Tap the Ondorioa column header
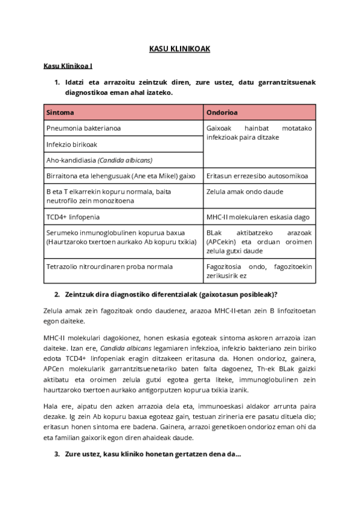[x=222, y=112]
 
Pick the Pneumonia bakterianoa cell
[x=83, y=128]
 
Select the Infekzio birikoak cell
[x=71, y=145]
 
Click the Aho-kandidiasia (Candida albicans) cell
[x=99, y=160]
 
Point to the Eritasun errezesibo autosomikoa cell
[x=257, y=176]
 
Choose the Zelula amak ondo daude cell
[x=245, y=192]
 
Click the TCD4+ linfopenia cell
[x=73, y=217]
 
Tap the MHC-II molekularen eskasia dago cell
[x=258, y=217]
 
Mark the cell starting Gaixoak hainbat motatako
[x=259, y=133]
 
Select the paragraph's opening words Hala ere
[x=57, y=405]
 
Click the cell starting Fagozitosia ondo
[x=259, y=271]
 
